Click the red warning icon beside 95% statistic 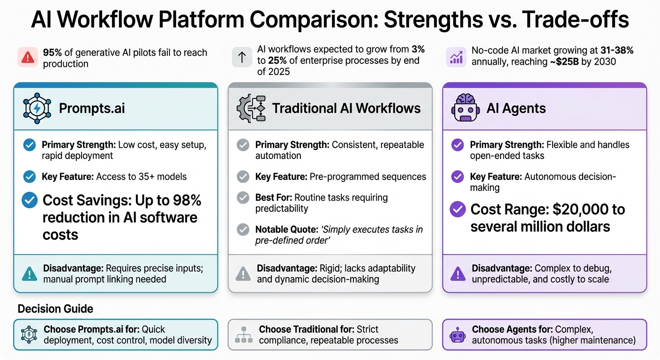pos(27,58)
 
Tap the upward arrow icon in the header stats pos(242,58)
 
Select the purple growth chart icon pos(456,58)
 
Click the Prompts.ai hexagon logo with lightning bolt pos(36,108)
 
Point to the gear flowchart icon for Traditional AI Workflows pos(251,108)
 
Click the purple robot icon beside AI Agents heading pos(465,108)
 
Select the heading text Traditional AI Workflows pos(346,108)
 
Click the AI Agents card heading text pos(516,108)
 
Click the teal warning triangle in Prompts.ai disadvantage pos(29,273)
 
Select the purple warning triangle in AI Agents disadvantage pos(457,273)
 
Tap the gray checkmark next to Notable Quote pos(243,229)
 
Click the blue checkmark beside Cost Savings pos(30,201)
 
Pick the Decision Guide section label pos(55,309)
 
